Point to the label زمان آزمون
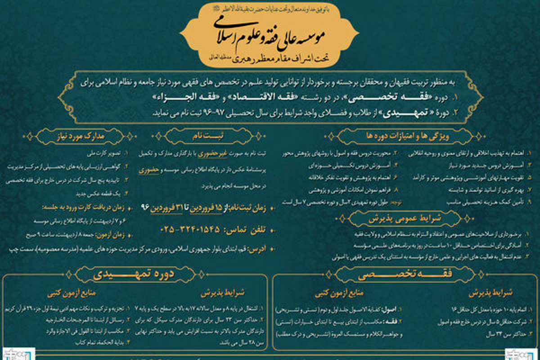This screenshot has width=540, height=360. [x=115, y=234]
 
